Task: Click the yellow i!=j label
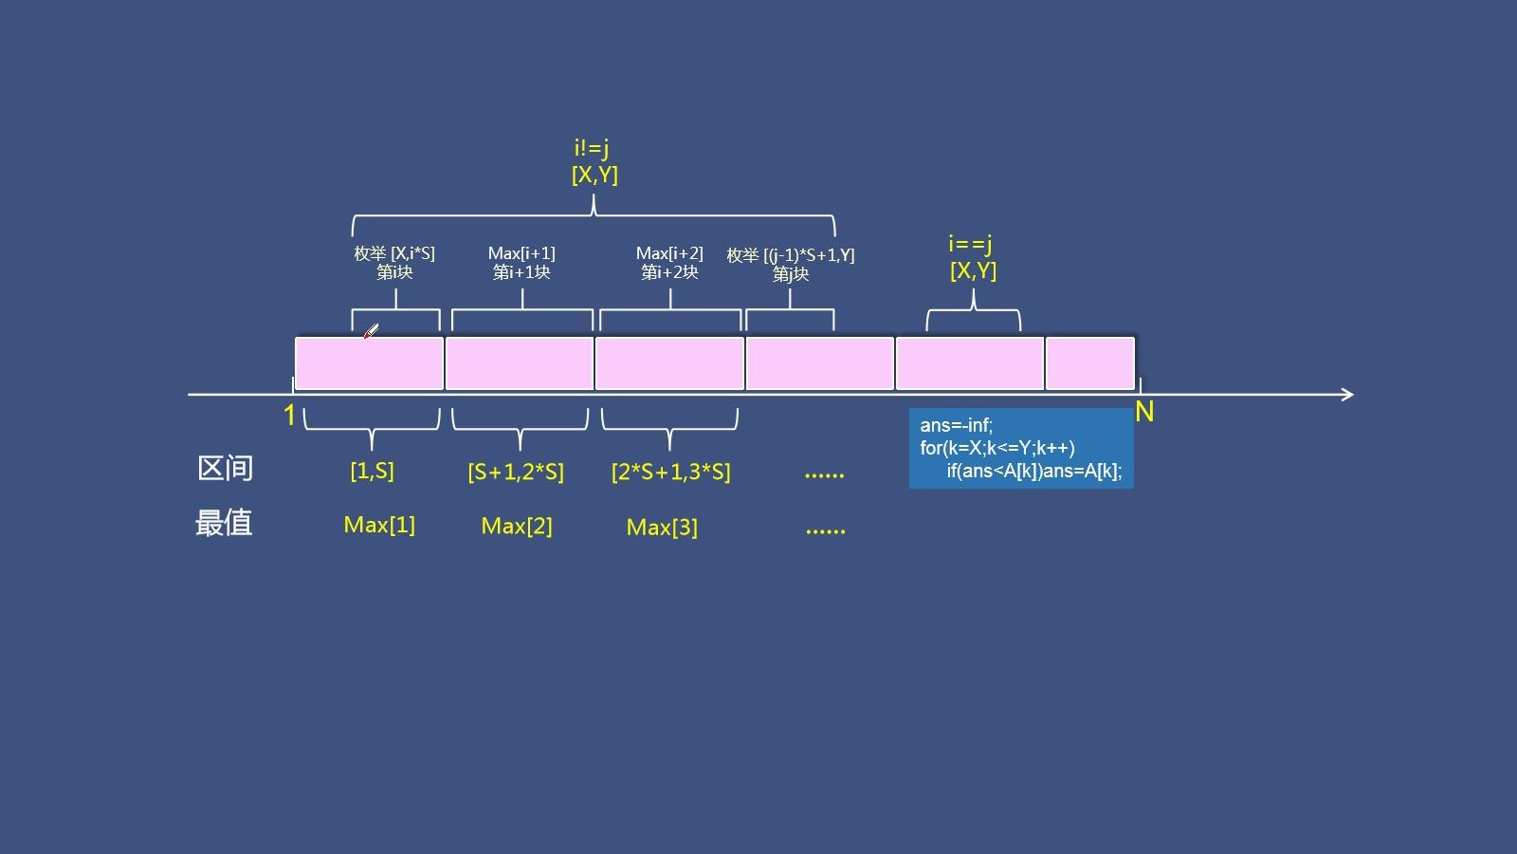(x=592, y=147)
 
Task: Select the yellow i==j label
(x=971, y=243)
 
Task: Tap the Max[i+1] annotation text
(x=521, y=253)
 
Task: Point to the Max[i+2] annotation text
(x=669, y=253)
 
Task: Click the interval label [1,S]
(x=372, y=471)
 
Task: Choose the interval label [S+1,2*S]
(x=516, y=472)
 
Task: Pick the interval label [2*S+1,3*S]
(x=670, y=472)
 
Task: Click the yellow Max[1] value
(x=379, y=525)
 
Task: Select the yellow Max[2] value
(x=517, y=526)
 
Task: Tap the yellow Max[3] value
(x=662, y=527)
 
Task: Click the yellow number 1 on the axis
(x=290, y=415)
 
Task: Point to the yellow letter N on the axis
(x=1144, y=412)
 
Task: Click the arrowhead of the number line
(x=1347, y=395)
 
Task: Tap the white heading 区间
(x=226, y=469)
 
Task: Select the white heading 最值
(x=224, y=523)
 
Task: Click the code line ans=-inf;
(x=957, y=426)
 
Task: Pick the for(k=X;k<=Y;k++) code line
(x=996, y=448)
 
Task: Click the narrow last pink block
(x=1090, y=363)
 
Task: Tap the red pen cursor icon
(x=371, y=331)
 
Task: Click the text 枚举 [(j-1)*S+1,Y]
(x=791, y=255)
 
